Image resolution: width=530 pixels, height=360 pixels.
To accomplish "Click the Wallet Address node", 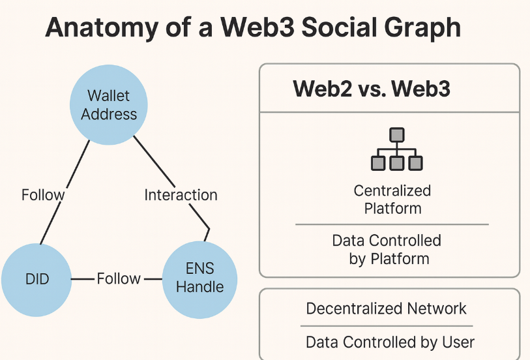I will tap(109, 105).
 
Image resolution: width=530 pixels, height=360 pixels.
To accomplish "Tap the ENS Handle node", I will tap(199, 278).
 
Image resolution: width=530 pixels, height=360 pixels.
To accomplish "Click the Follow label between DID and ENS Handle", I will tap(119, 279).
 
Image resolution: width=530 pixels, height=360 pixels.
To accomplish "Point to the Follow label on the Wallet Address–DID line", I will tap(43, 195).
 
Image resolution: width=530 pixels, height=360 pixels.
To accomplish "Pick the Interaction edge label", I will tap(181, 195).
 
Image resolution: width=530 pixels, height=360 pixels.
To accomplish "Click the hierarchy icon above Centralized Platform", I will tap(396, 151).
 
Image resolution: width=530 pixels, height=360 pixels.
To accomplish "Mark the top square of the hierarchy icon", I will tap(396, 135).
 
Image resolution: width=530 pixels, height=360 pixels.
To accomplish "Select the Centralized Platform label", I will tap(392, 200).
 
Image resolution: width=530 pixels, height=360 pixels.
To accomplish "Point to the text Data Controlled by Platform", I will tap(387, 249).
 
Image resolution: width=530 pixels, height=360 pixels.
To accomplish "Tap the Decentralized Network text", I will tap(387, 308).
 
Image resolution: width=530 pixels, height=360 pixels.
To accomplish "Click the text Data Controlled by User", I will tap(390, 342).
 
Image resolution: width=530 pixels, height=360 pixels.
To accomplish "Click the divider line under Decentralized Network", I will tap(387, 325).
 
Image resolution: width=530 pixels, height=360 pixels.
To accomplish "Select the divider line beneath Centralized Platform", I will tap(392, 224).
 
